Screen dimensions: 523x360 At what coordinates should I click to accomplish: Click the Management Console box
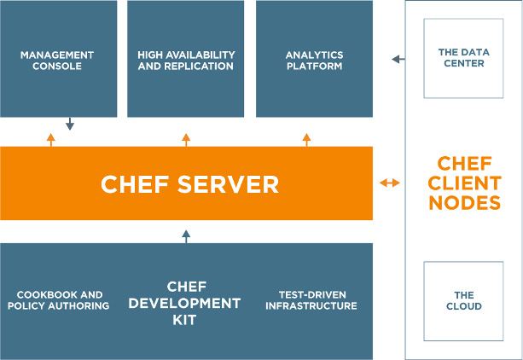tap(58, 59)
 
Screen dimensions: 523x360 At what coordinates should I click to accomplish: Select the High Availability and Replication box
tap(185, 59)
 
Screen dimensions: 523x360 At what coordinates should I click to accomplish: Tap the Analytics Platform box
tap(314, 59)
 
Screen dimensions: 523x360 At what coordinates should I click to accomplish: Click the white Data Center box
tap(463, 58)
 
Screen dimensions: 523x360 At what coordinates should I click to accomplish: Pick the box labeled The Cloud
tap(463, 301)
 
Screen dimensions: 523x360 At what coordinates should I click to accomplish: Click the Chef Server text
tap(189, 184)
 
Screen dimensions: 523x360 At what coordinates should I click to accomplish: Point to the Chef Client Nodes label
tap(465, 183)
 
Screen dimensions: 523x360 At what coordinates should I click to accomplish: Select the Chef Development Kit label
tap(185, 303)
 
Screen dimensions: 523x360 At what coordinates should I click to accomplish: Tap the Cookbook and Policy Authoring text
tap(59, 300)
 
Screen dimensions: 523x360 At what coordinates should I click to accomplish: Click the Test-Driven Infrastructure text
tap(311, 300)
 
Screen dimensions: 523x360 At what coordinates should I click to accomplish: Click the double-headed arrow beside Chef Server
tap(390, 183)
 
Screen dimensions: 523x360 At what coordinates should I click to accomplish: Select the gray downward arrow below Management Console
tap(70, 124)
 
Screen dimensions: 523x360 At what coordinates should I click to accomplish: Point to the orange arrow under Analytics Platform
tap(306, 140)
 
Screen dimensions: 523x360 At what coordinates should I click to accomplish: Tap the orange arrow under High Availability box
tap(186, 140)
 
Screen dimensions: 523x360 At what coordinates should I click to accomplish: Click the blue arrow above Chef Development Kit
tap(186, 236)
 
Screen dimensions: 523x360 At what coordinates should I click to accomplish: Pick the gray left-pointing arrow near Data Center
tap(398, 60)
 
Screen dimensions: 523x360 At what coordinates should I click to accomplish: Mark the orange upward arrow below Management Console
tap(50, 140)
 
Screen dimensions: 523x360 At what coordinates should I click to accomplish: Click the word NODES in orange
tap(465, 203)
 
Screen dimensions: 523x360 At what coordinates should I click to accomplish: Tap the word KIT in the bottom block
tap(184, 320)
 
